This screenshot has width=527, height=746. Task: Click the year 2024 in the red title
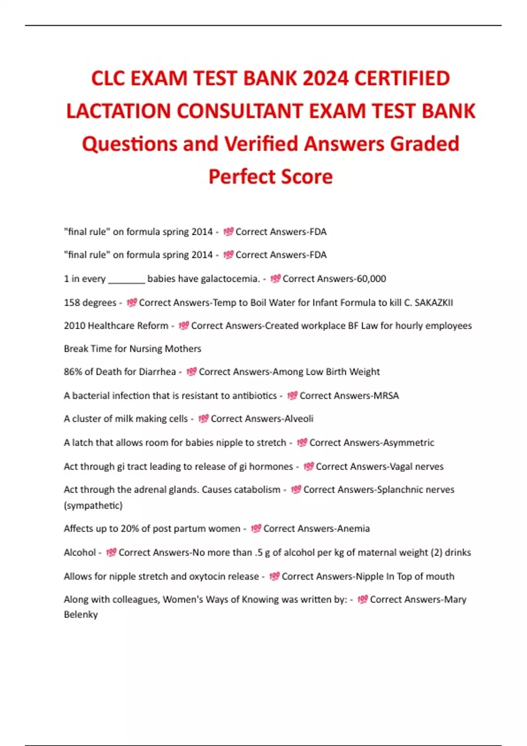coord(325,78)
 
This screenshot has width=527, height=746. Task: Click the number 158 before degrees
coord(72,302)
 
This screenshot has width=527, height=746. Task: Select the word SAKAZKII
coord(433,302)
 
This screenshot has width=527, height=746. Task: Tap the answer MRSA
coord(386,395)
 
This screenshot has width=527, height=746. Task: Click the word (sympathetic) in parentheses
coord(93,505)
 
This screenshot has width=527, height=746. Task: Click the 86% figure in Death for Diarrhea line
coord(72,372)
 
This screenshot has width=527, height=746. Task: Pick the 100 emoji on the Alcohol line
coord(111,552)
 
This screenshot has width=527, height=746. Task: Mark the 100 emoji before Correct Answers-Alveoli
coord(203,419)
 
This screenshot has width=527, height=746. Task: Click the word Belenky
coord(81,614)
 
